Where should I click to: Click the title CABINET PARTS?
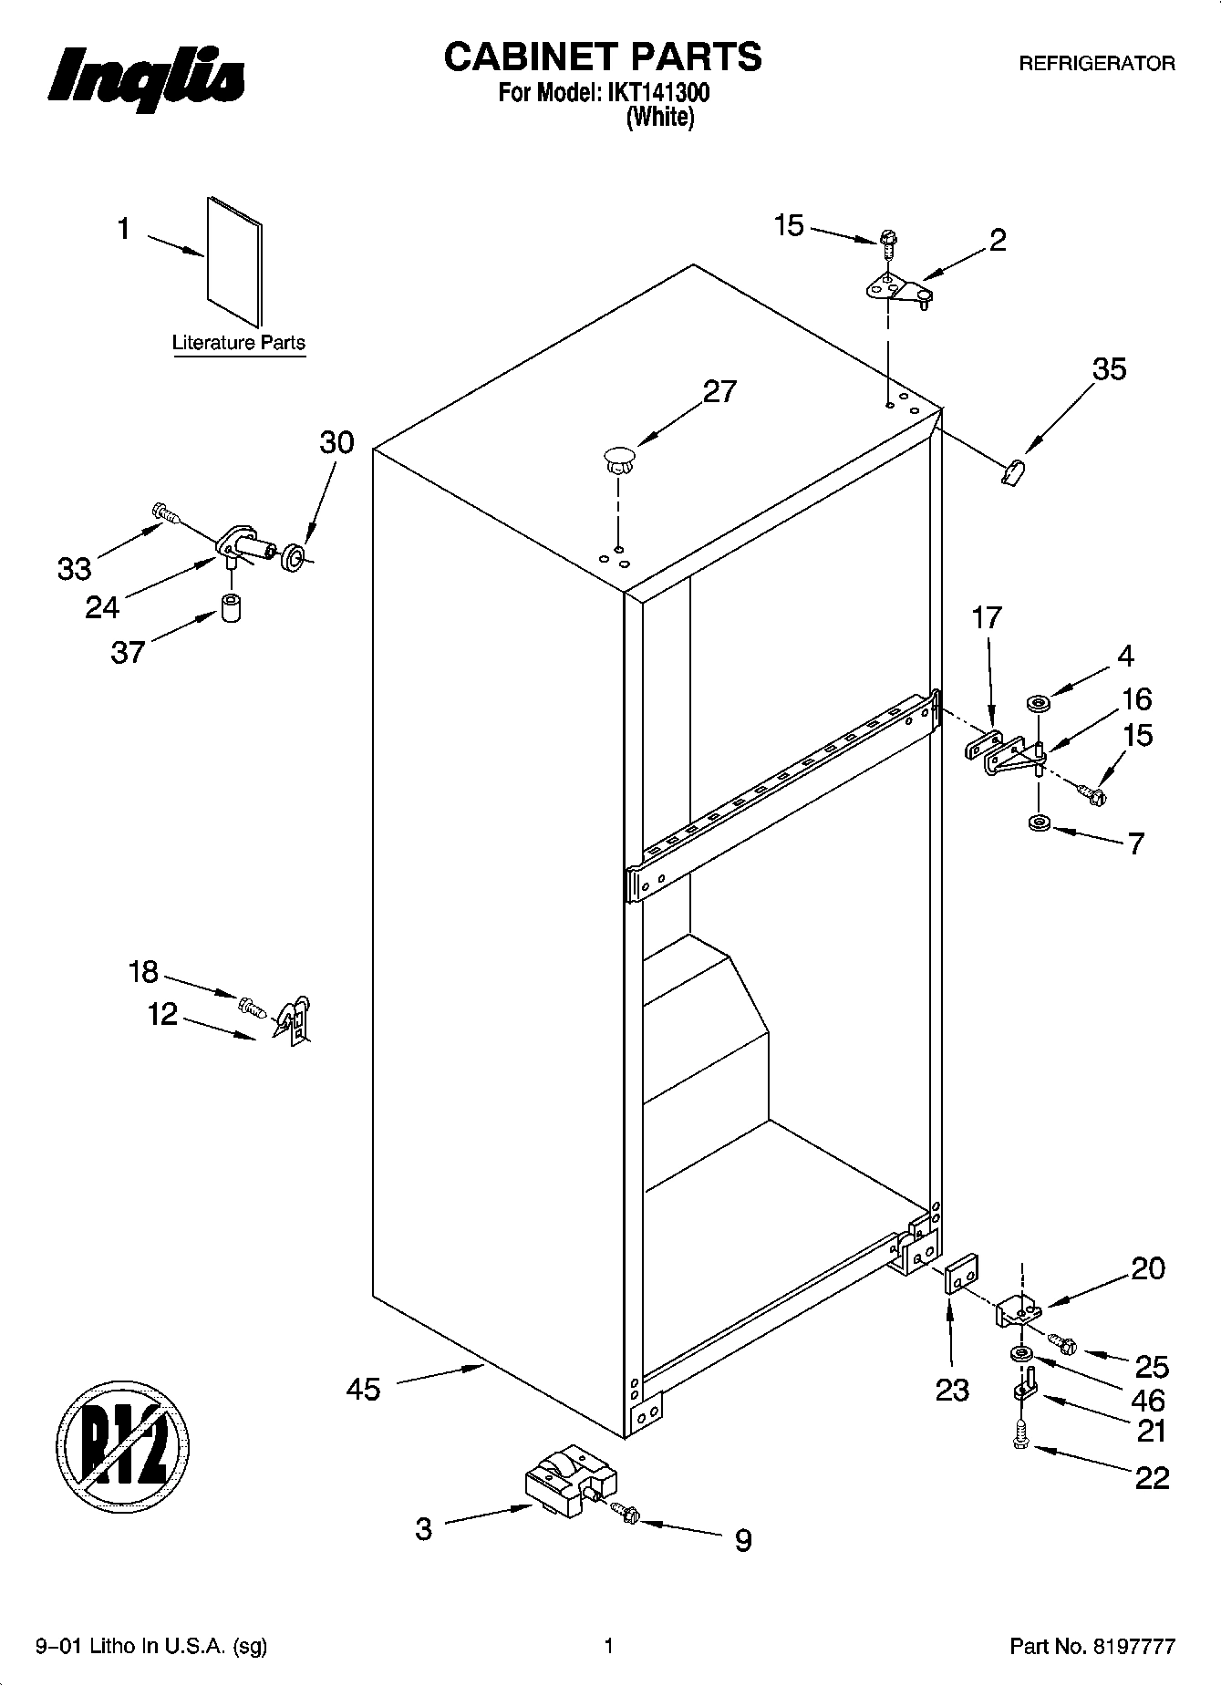[602, 57]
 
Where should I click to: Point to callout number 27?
[719, 391]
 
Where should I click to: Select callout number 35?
[1109, 369]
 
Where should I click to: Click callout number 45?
[363, 1390]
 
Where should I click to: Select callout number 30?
[336, 442]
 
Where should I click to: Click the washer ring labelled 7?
[1038, 824]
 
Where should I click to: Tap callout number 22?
[1151, 1477]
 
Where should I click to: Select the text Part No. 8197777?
[1092, 1647]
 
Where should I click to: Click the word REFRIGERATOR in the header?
[1096, 64]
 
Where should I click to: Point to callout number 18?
[143, 972]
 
